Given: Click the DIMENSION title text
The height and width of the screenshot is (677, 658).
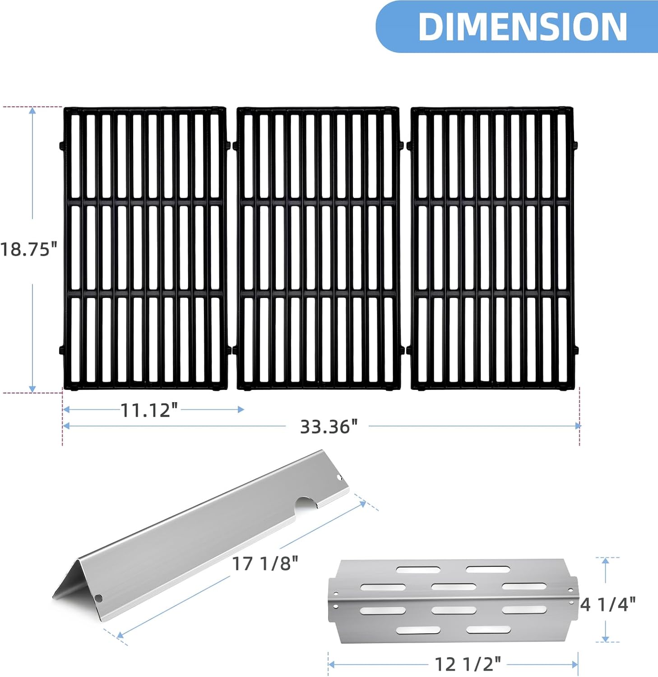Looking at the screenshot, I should [523, 27].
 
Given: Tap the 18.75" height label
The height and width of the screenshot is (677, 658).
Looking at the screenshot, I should [29, 249].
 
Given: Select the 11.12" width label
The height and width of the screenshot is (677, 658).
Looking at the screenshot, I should [149, 410].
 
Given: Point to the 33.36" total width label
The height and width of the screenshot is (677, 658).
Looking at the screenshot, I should [329, 427].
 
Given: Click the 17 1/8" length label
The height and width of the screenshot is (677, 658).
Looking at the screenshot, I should [265, 564].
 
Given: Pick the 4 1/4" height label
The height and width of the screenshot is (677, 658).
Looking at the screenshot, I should [607, 604].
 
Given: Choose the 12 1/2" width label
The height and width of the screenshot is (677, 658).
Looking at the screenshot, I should [468, 664].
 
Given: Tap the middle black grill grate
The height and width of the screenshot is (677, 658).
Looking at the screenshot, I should [318, 248].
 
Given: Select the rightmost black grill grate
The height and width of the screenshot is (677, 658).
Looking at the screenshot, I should [492, 248].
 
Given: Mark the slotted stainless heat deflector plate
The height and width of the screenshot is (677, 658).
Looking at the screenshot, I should [451, 600].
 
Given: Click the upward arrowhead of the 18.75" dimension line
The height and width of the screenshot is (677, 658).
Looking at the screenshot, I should [32, 111].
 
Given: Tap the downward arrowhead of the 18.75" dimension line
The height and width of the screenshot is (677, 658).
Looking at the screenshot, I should [32, 389].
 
